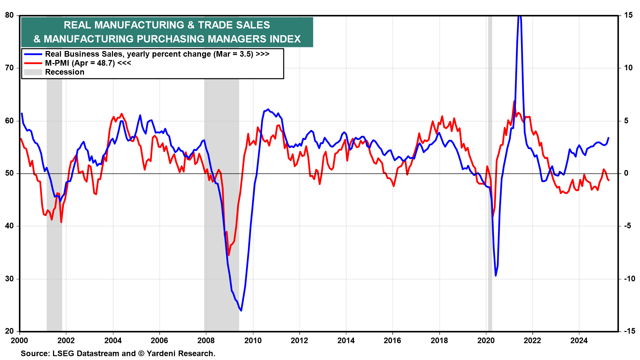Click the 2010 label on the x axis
click(x=253, y=340)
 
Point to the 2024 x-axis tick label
click(x=579, y=340)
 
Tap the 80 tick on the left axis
click(x=9, y=15)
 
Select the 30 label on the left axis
click(x=9, y=279)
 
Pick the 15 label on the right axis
click(x=628, y=15)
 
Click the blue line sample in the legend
click(x=33, y=54)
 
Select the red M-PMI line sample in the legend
click(x=33, y=63)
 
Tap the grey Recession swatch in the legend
click(x=33, y=72)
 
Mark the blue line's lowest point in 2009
click(x=241, y=311)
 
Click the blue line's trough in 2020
click(x=496, y=276)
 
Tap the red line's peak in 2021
click(x=514, y=101)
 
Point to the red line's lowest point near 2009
click(x=229, y=255)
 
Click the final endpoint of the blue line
click(x=609, y=137)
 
